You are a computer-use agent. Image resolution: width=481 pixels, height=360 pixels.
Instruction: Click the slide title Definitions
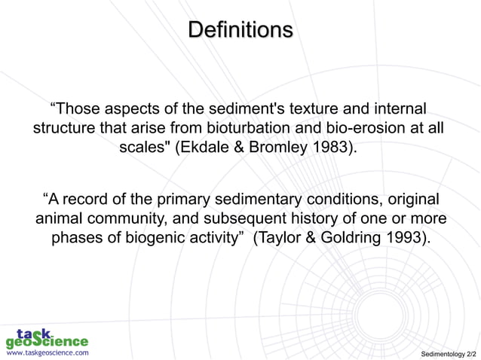240,31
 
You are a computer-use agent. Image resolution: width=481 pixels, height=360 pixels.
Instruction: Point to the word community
139,220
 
